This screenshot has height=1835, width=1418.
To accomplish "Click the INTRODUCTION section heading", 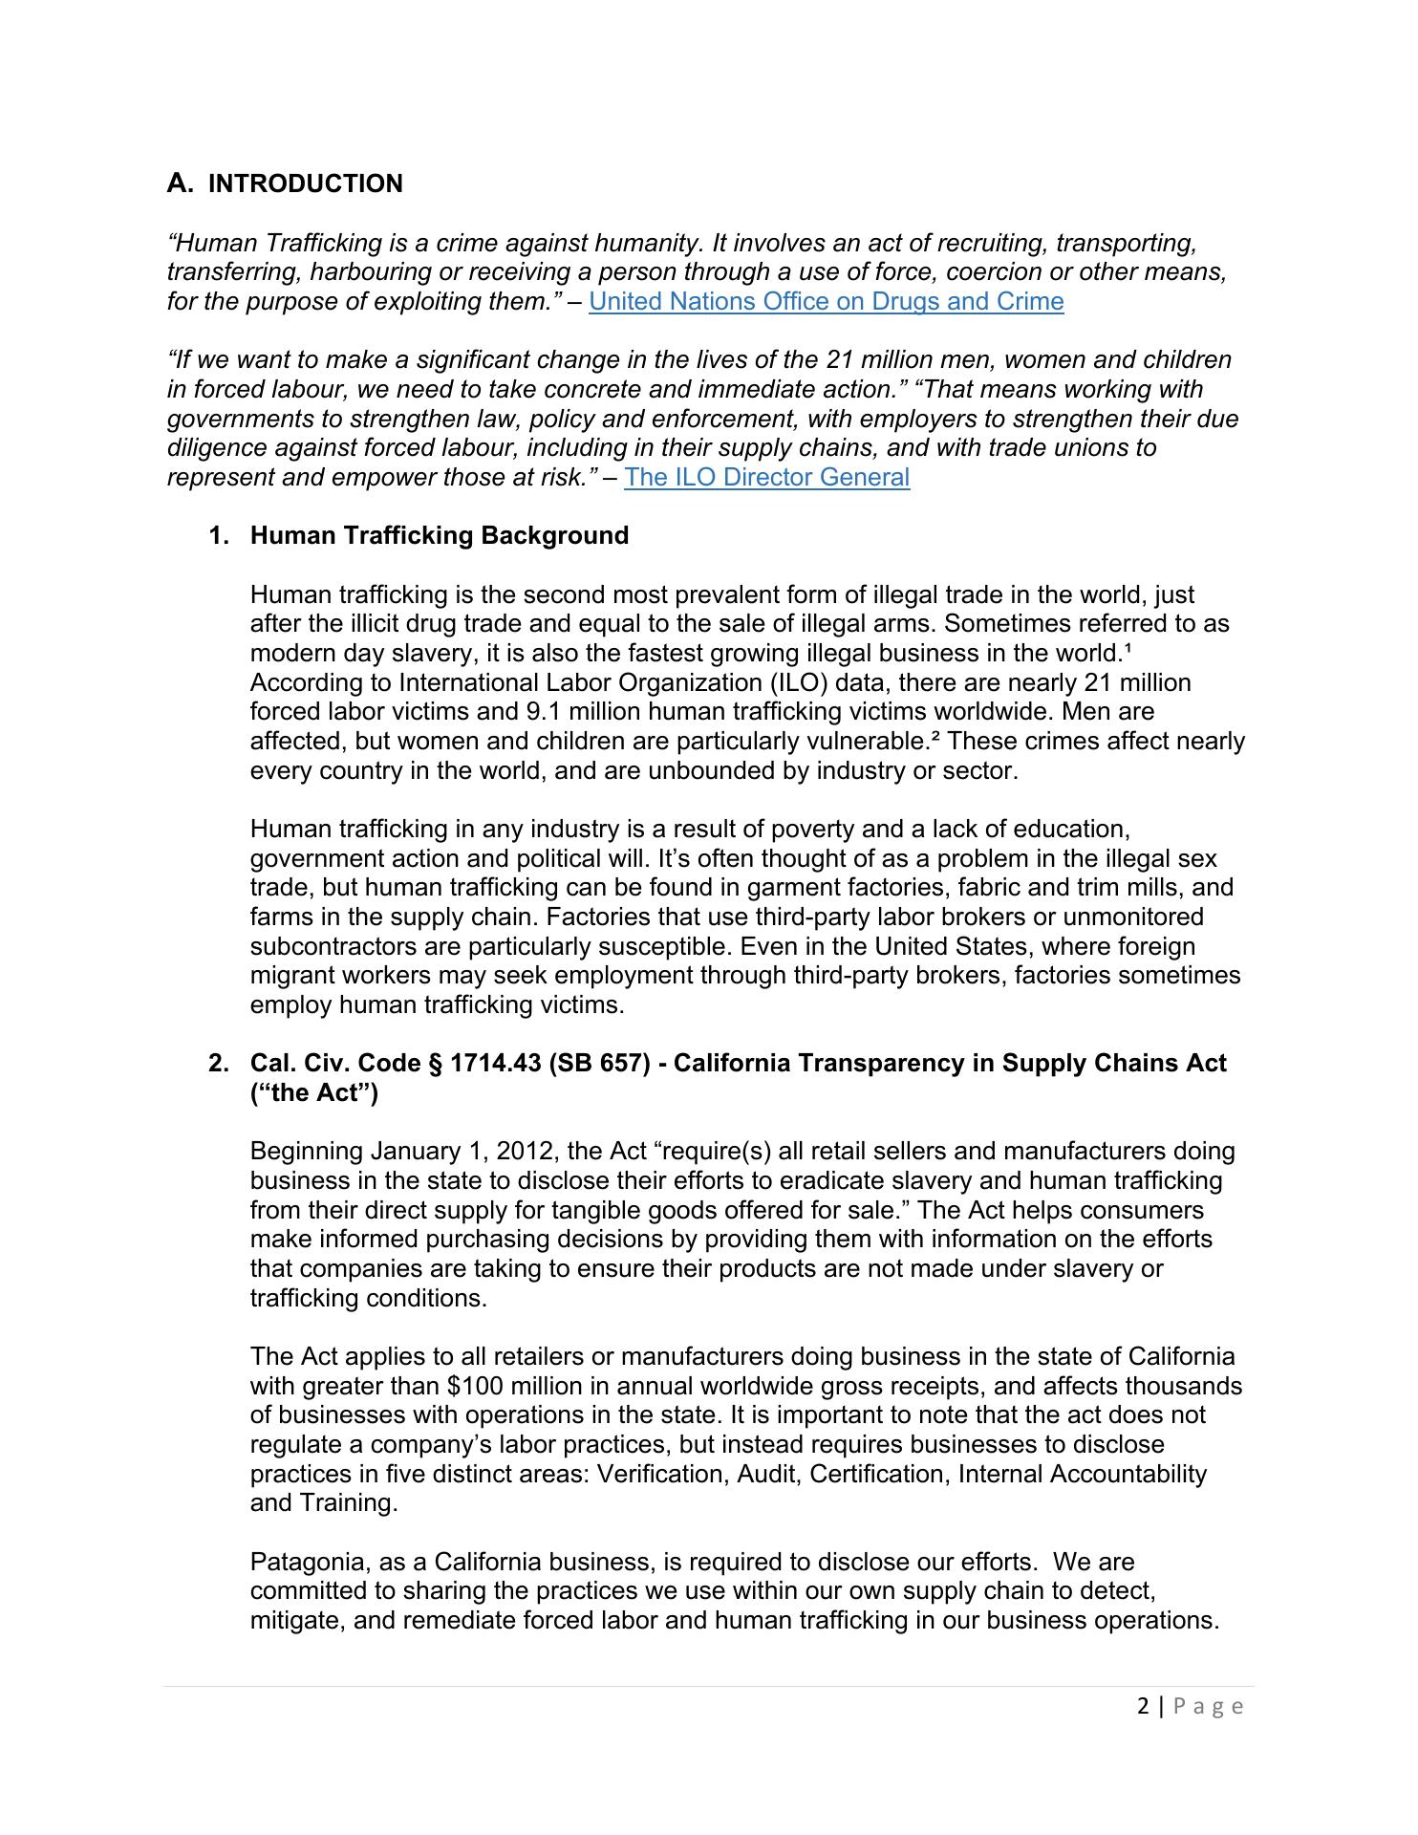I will pyautogui.click(x=305, y=183).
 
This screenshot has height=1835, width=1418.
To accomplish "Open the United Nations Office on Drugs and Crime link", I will pyautogui.click(x=826, y=302).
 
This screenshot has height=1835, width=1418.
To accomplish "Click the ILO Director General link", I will pyautogui.click(x=766, y=477).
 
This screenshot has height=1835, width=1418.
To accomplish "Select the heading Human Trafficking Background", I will pyautogui.click(x=439, y=535).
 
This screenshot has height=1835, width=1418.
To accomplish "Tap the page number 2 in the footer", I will pyautogui.click(x=1143, y=1706).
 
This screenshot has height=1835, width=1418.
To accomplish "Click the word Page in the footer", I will pyautogui.click(x=1208, y=1706).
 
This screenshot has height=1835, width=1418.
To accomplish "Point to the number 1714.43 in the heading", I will pyautogui.click(x=495, y=1064).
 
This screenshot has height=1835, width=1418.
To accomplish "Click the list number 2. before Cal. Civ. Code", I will pyautogui.click(x=219, y=1064).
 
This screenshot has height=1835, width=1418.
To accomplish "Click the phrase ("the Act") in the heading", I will pyautogui.click(x=313, y=1092).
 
